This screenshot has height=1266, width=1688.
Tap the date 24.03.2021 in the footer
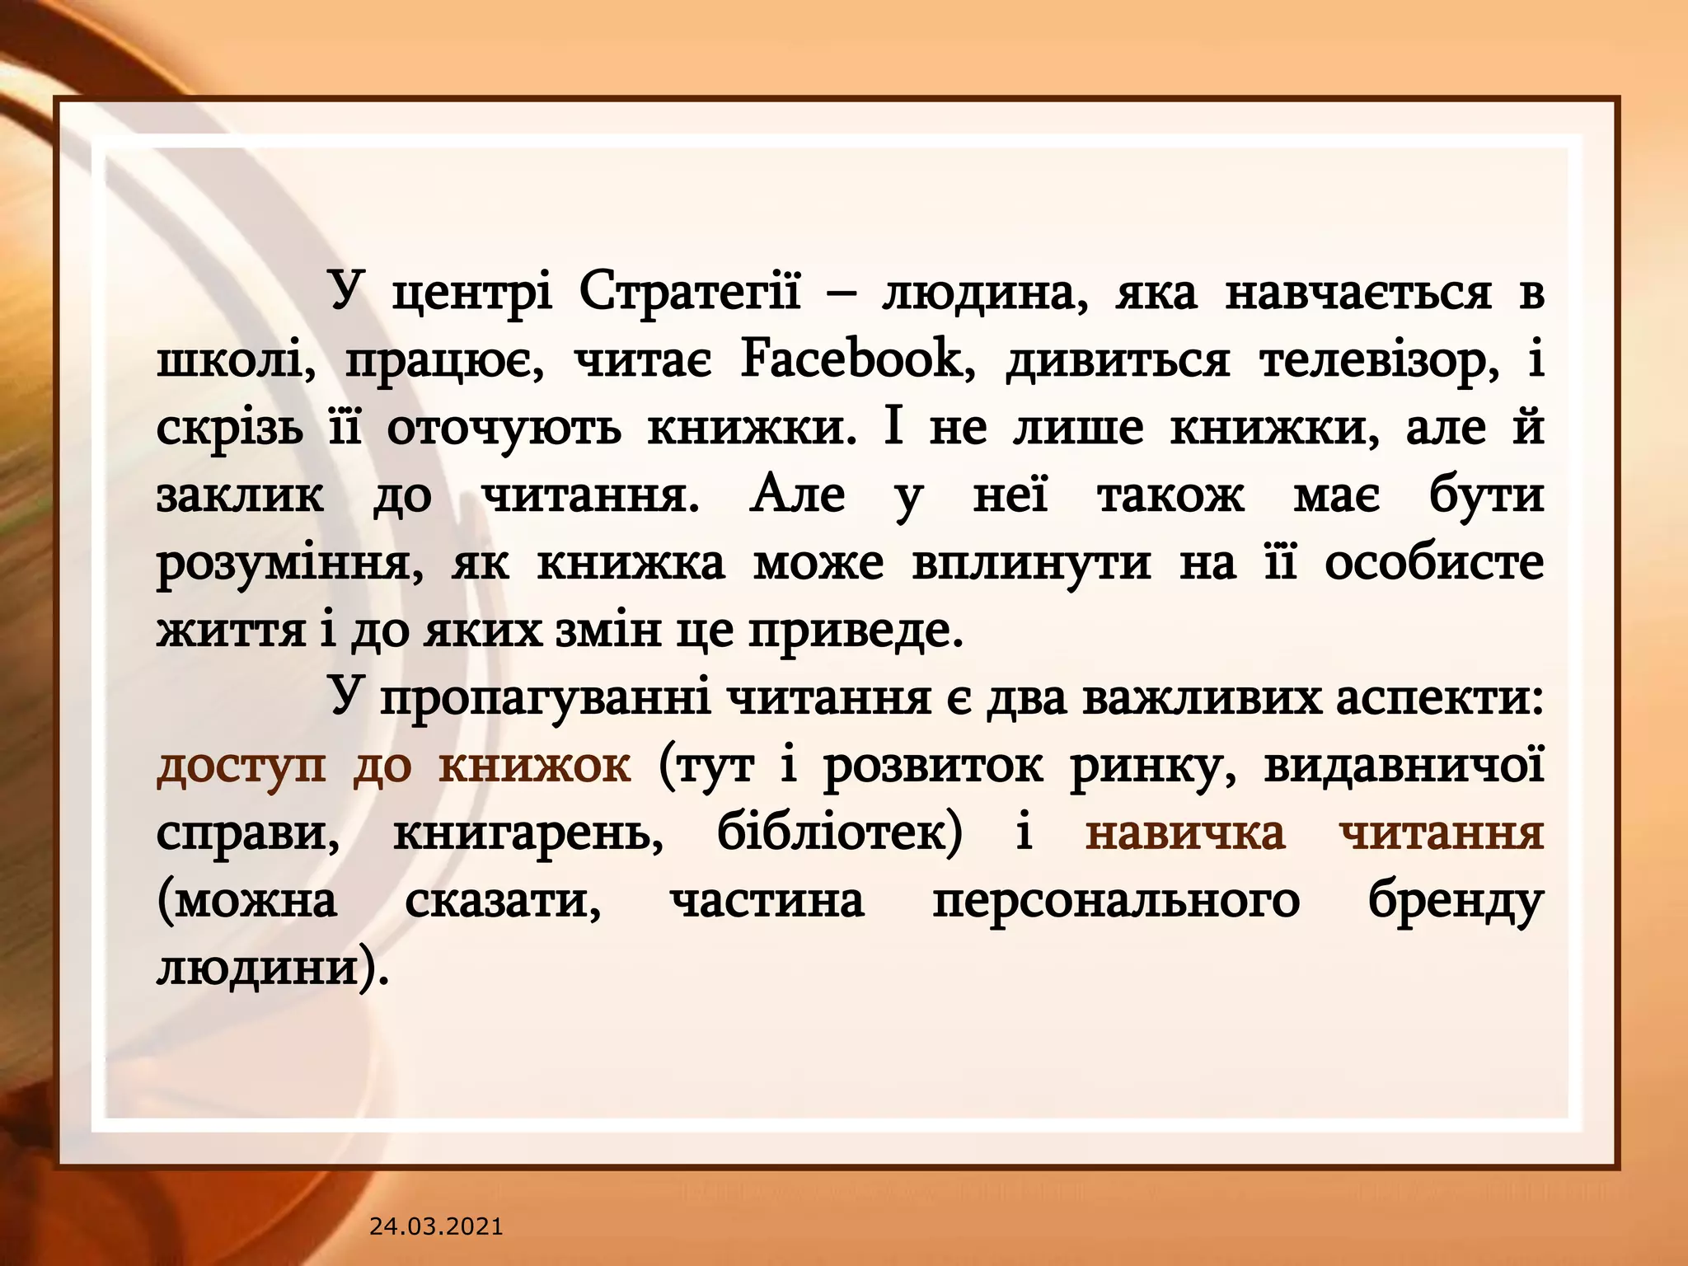436,1226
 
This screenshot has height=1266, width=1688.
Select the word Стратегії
689,293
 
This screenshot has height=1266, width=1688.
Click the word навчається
1357,293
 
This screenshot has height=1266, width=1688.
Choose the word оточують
504,429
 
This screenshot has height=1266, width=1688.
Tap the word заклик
240,496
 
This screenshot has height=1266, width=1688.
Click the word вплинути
1031,564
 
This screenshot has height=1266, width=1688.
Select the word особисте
1434,564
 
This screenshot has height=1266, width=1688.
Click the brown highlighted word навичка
1185,834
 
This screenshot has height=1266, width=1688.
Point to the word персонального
1116,902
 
